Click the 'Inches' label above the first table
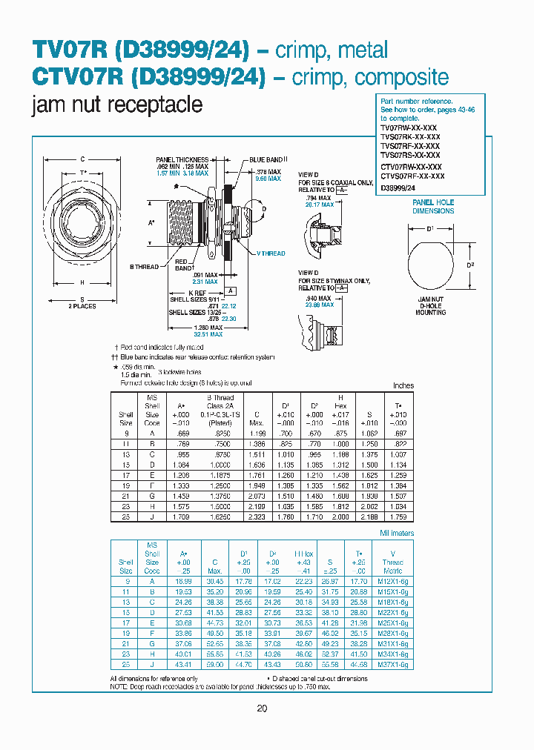coord(403,385)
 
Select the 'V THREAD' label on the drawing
coord(270,253)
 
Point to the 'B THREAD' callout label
coord(145,266)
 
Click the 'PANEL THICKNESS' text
coord(182,159)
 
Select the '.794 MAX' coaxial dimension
coord(315,198)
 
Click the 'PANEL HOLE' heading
coord(433,202)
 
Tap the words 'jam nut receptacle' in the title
coord(118,104)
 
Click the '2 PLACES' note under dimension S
coord(83,306)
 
